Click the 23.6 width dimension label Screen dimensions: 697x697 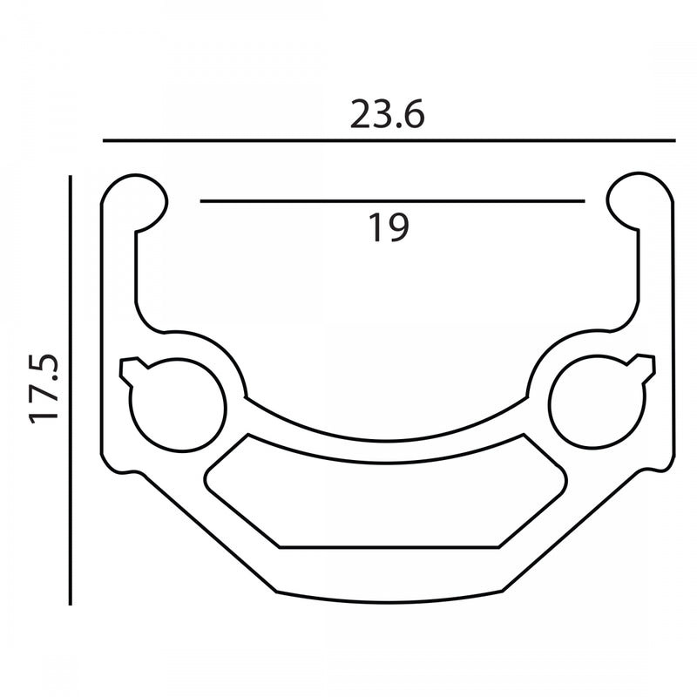pos(387,114)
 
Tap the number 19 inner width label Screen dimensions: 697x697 pos(389,227)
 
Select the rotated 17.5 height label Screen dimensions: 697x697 pos(44,388)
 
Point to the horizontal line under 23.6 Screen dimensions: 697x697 pos(389,140)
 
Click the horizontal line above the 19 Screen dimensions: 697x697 pos(393,201)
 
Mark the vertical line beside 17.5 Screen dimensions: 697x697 pos(71,390)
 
